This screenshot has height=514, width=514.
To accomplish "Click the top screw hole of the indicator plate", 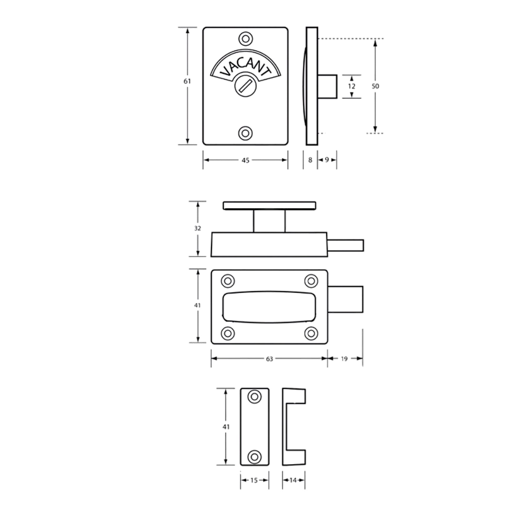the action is tap(245, 39).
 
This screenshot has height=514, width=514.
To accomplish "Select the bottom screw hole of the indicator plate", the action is tap(245, 133).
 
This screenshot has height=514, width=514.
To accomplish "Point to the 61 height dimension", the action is tap(187, 82).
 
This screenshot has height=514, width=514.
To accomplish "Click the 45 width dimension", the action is tap(245, 160).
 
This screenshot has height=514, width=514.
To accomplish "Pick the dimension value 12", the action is tap(352, 86).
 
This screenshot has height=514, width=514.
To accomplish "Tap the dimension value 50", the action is tap(375, 86).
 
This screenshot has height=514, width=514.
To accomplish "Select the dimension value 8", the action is tap(310, 160).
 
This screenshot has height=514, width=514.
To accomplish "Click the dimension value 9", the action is tap(327, 160).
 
